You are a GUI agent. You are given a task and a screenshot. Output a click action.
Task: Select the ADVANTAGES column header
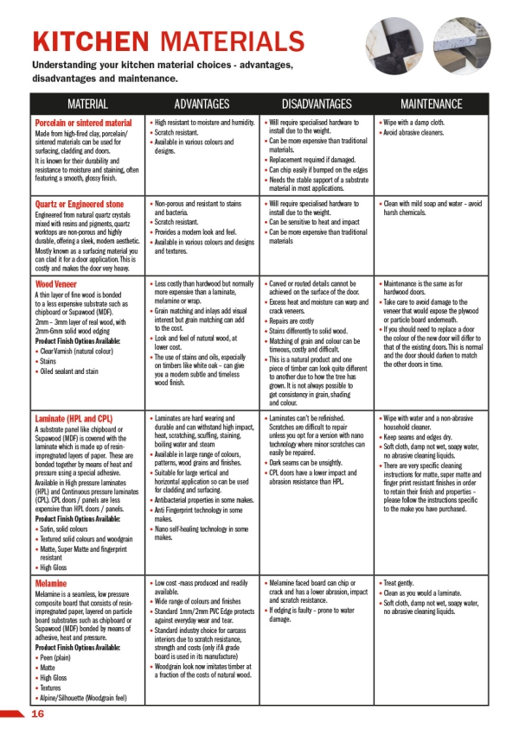tap(202, 104)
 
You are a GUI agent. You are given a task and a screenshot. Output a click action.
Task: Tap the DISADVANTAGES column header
tap(317, 104)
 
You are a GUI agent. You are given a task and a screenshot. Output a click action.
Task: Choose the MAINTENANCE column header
tap(431, 104)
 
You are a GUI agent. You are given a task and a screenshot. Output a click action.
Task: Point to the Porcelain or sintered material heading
tap(83, 124)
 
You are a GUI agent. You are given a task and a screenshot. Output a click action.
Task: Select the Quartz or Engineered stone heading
tap(80, 204)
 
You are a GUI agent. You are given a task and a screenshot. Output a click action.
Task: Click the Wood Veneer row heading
tap(57, 283)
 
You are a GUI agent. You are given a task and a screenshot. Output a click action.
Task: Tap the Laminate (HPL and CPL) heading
tap(74, 419)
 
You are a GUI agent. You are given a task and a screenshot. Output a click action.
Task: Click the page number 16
tap(37, 713)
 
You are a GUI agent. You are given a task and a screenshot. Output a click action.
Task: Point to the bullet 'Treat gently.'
tap(405, 584)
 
